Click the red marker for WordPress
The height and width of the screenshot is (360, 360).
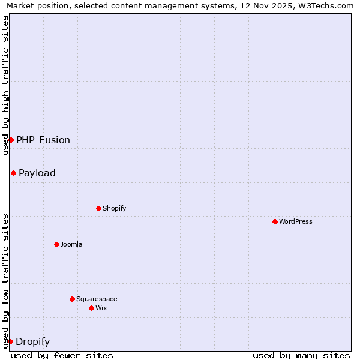[x=275, y=221]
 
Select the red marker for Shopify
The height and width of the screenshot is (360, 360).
[x=98, y=208]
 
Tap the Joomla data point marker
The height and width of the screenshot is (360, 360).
[x=56, y=244]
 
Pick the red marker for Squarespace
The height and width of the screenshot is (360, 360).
[x=72, y=299]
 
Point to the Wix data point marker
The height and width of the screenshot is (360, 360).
[x=91, y=308]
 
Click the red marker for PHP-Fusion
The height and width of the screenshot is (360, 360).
[x=11, y=140]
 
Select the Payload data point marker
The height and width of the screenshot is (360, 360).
[x=13, y=173]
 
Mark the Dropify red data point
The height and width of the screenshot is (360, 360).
[x=10, y=341]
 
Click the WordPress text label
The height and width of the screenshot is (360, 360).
[x=296, y=221]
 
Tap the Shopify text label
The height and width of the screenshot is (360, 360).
[x=114, y=208]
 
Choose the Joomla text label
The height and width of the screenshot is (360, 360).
[x=71, y=244]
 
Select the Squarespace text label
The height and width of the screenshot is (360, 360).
[x=97, y=299]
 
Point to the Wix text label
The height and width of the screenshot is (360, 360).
[x=101, y=308]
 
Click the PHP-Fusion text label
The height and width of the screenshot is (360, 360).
[x=43, y=140]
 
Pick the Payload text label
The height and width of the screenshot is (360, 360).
[x=37, y=173]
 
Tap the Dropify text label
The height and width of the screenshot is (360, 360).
[x=32, y=342]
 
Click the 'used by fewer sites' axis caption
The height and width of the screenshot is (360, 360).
[x=62, y=355]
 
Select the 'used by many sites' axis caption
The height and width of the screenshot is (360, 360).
[x=301, y=355]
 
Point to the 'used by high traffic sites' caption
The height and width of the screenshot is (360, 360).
[x=5, y=85]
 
